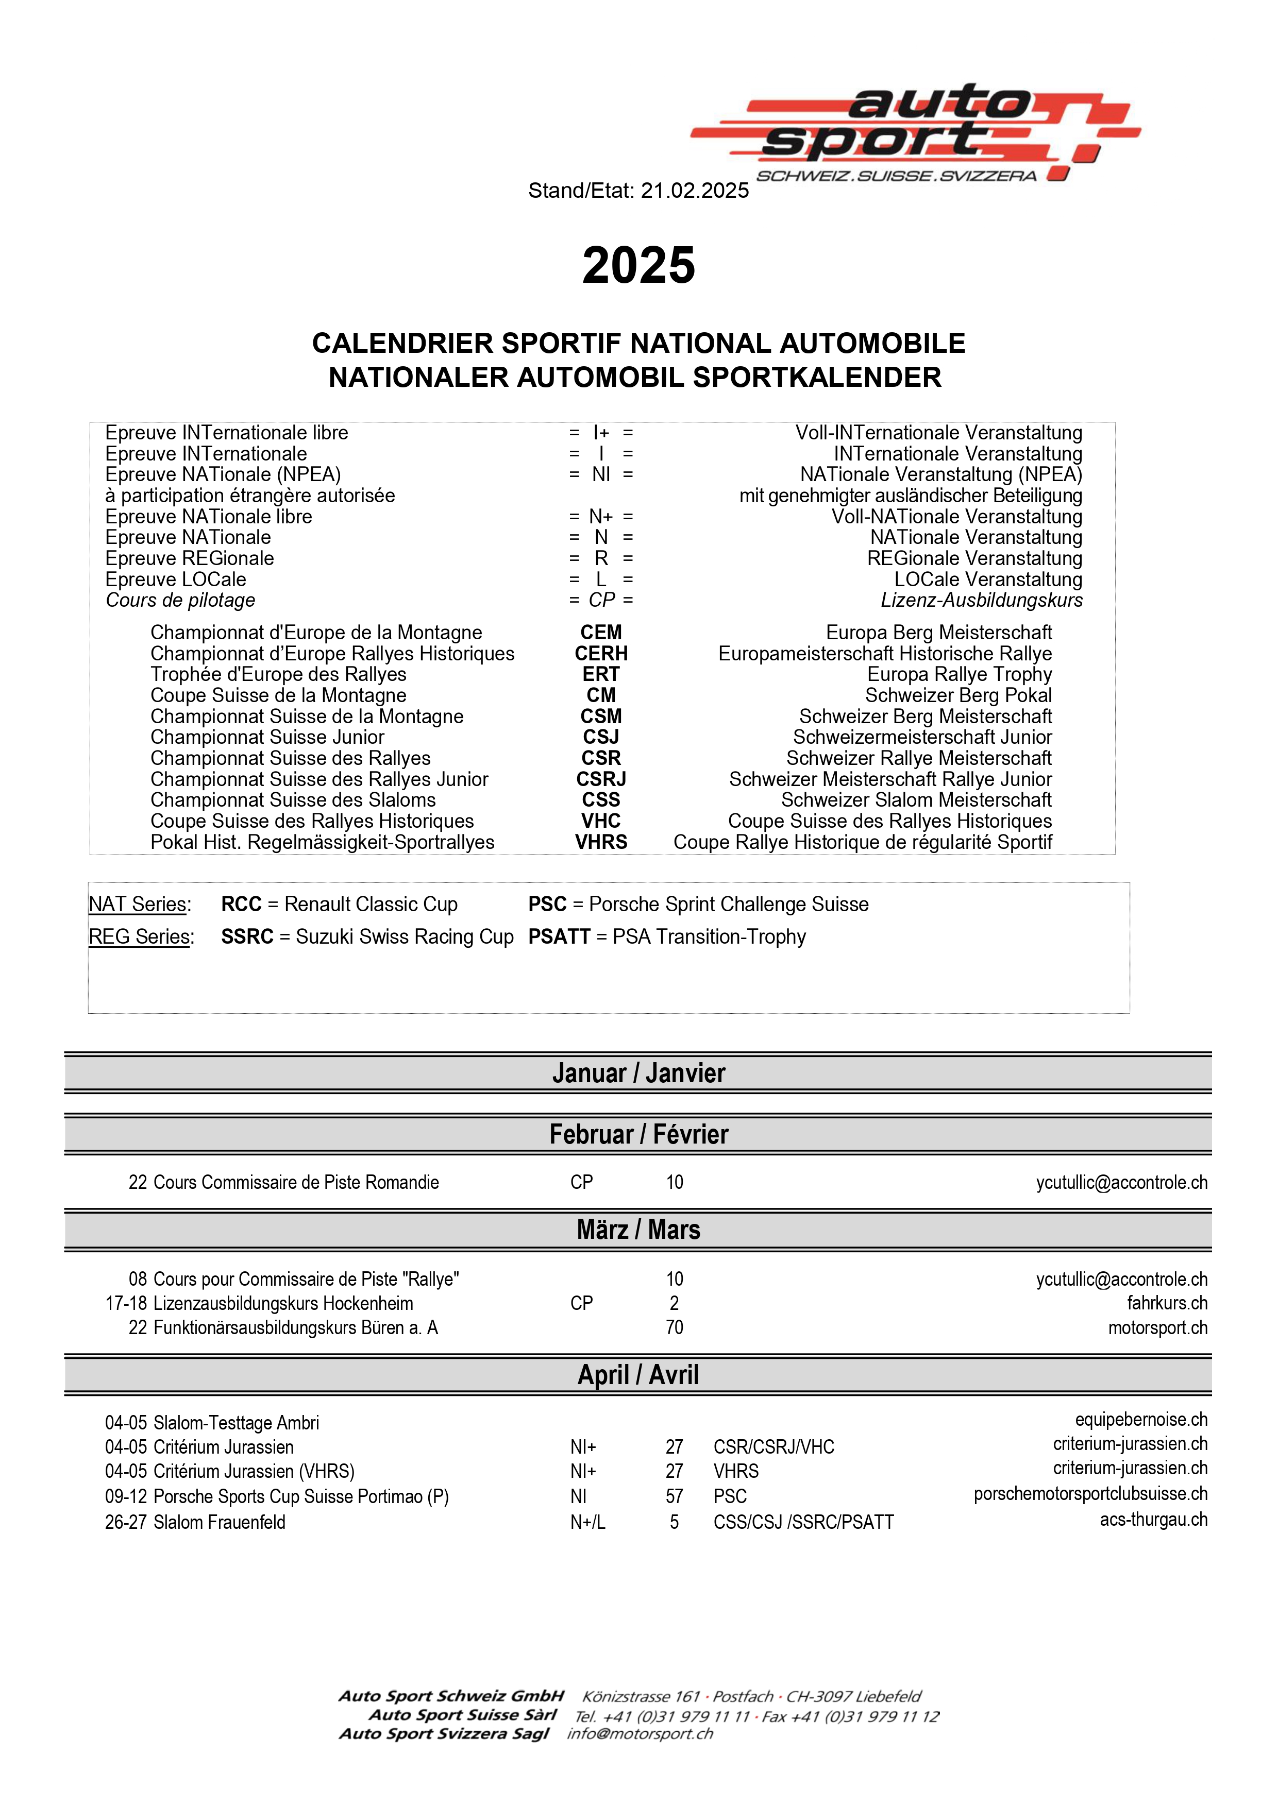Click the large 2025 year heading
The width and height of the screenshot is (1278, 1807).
(638, 265)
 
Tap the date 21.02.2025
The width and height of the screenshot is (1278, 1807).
(695, 191)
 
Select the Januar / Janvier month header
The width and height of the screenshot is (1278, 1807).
(638, 1072)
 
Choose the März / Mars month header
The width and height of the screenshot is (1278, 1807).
(638, 1230)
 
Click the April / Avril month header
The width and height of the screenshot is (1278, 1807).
(638, 1374)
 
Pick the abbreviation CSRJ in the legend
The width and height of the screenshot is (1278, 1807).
(601, 779)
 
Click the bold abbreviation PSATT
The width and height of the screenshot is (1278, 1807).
(559, 936)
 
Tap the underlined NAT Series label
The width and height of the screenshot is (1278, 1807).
(139, 905)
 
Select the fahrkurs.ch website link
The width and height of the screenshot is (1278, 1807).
(1167, 1303)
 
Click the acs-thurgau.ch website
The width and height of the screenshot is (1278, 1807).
(1154, 1519)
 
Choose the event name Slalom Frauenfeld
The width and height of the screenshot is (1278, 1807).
(219, 1522)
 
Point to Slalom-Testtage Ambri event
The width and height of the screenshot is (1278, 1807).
(236, 1423)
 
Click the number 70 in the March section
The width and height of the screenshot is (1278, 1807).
(674, 1328)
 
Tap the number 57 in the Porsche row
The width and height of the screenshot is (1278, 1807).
(674, 1496)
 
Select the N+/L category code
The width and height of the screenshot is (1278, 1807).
(587, 1522)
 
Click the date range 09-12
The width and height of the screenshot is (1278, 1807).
(126, 1496)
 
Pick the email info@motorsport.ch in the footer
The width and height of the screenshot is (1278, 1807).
(640, 1734)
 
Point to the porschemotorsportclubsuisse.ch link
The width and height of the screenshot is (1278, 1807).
(1090, 1494)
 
